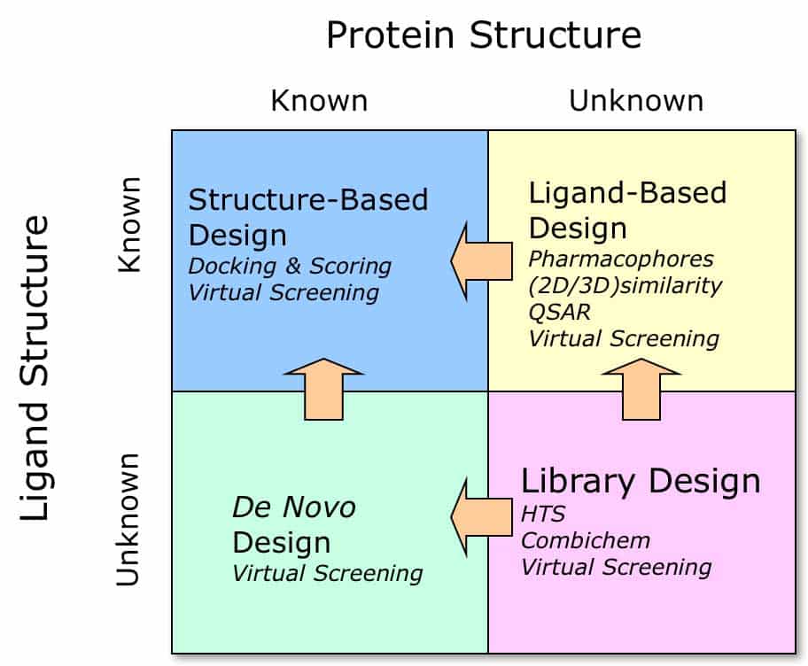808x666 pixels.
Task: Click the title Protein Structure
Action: tap(484, 35)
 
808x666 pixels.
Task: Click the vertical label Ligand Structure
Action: tap(35, 367)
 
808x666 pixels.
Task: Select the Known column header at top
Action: tap(319, 100)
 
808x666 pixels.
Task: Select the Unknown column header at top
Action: tap(636, 100)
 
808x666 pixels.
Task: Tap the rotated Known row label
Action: tap(129, 225)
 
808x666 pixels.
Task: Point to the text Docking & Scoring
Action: tap(290, 266)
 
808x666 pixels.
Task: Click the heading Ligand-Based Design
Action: tap(627, 210)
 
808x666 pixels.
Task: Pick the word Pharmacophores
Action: tap(620, 259)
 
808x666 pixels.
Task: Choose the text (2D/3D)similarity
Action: tap(625, 285)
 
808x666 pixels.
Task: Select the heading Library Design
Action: tap(641, 481)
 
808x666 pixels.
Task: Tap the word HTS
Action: tap(542, 514)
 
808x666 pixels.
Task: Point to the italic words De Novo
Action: tap(293, 507)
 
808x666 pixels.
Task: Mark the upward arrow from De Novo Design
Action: tap(323, 389)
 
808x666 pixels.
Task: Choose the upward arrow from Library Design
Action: tap(641, 389)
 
